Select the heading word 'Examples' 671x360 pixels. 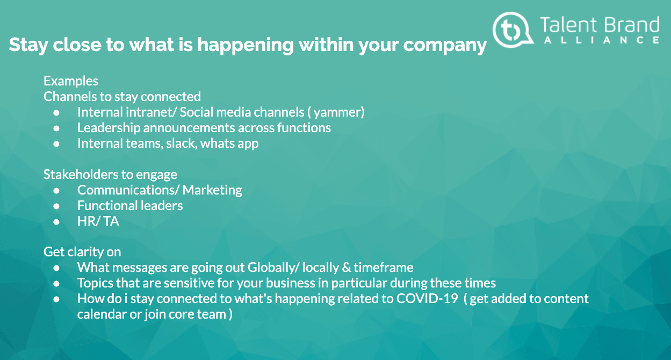click(x=71, y=81)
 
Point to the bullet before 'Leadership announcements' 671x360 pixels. click(x=57, y=128)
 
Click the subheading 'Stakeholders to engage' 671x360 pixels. click(x=110, y=175)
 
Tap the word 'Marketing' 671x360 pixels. click(x=213, y=190)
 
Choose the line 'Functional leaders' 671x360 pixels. click(x=130, y=206)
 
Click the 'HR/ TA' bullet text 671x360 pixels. click(x=98, y=221)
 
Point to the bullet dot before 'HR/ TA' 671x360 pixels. click(x=57, y=221)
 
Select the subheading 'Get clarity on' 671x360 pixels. click(x=82, y=252)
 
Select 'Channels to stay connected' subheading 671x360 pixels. click(x=122, y=97)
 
